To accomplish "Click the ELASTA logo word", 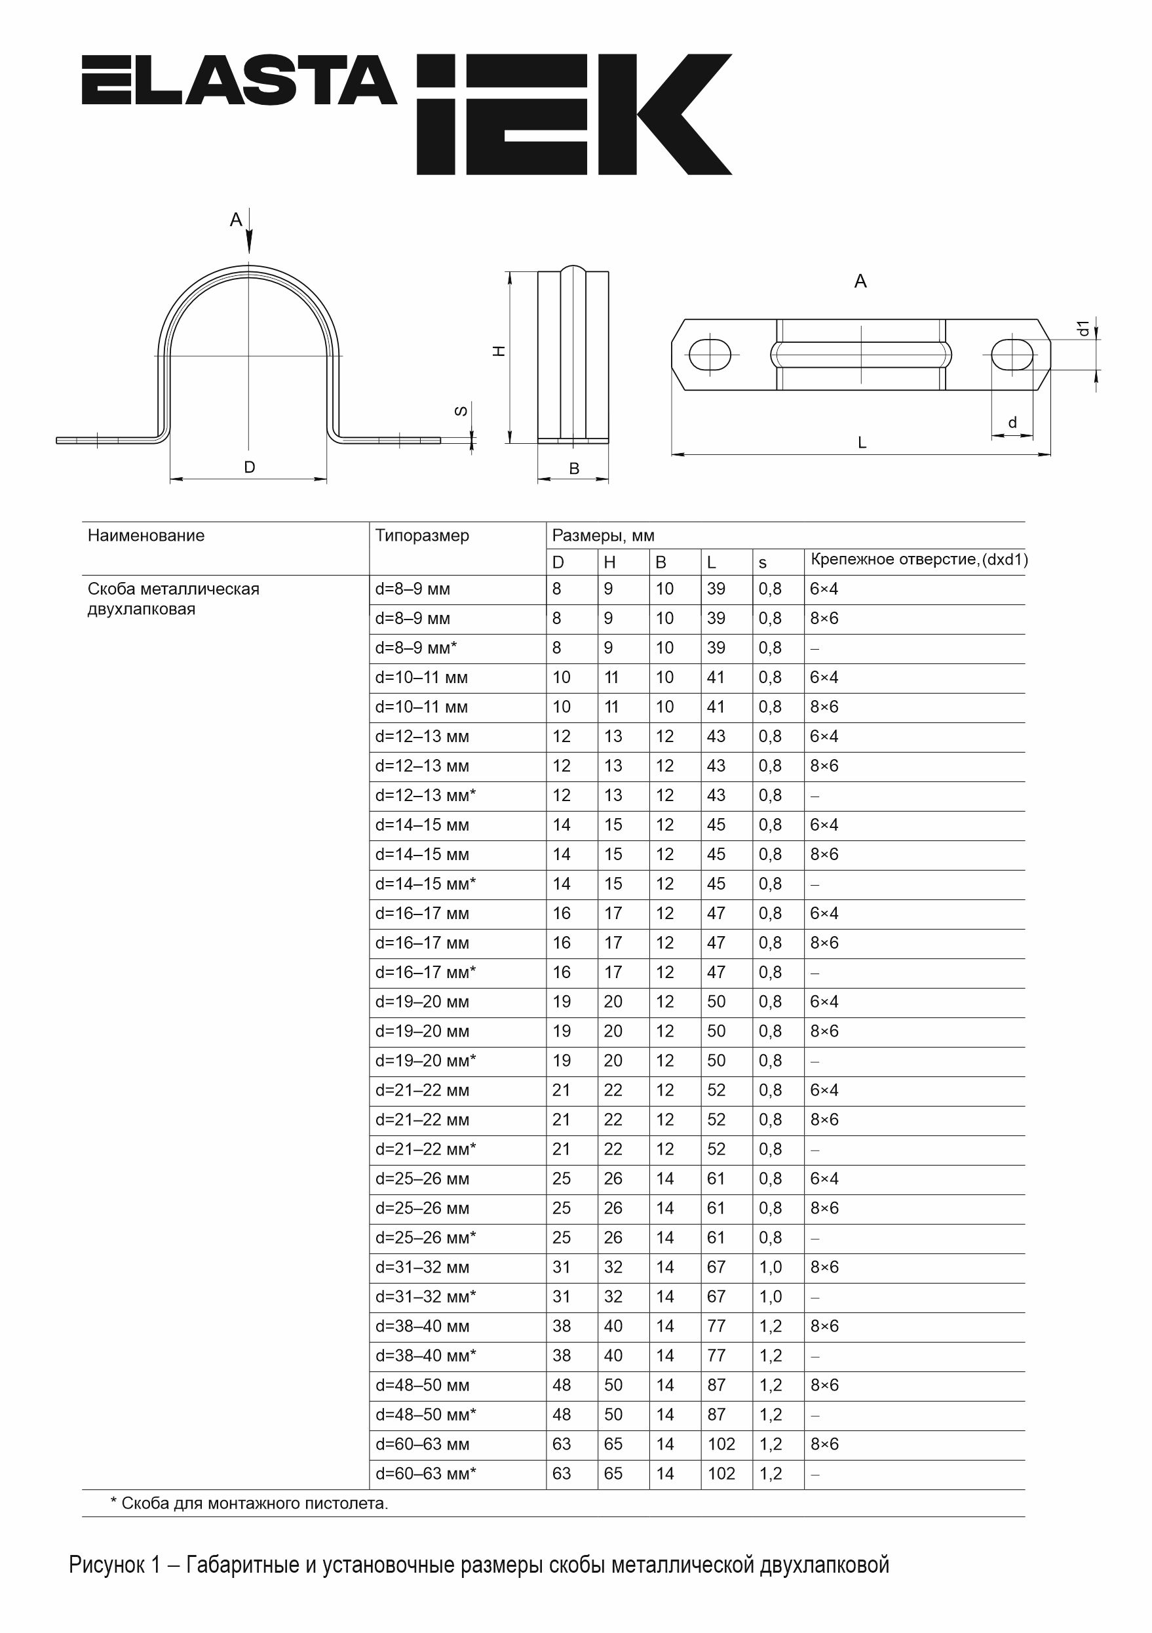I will click(x=239, y=81).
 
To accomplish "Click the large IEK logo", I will click(x=573, y=114).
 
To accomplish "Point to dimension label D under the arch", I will click(x=249, y=467).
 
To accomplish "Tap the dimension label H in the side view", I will click(x=499, y=351).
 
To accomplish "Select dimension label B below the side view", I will click(x=574, y=469).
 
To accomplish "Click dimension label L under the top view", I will click(x=862, y=443).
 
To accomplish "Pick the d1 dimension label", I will click(x=1083, y=328).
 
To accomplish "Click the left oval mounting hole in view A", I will click(x=709, y=354).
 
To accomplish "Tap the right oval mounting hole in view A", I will click(x=1012, y=354).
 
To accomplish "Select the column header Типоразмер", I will click(x=422, y=536).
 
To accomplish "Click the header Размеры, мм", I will click(x=603, y=536).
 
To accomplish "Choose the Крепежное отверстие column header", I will click(x=918, y=560).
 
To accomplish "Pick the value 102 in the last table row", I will click(x=721, y=1473).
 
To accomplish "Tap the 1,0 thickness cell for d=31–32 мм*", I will click(x=770, y=1296).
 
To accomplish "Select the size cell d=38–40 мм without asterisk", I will click(x=422, y=1326).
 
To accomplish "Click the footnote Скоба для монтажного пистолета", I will click(x=249, y=1503).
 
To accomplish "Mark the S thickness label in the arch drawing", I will click(x=461, y=410).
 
